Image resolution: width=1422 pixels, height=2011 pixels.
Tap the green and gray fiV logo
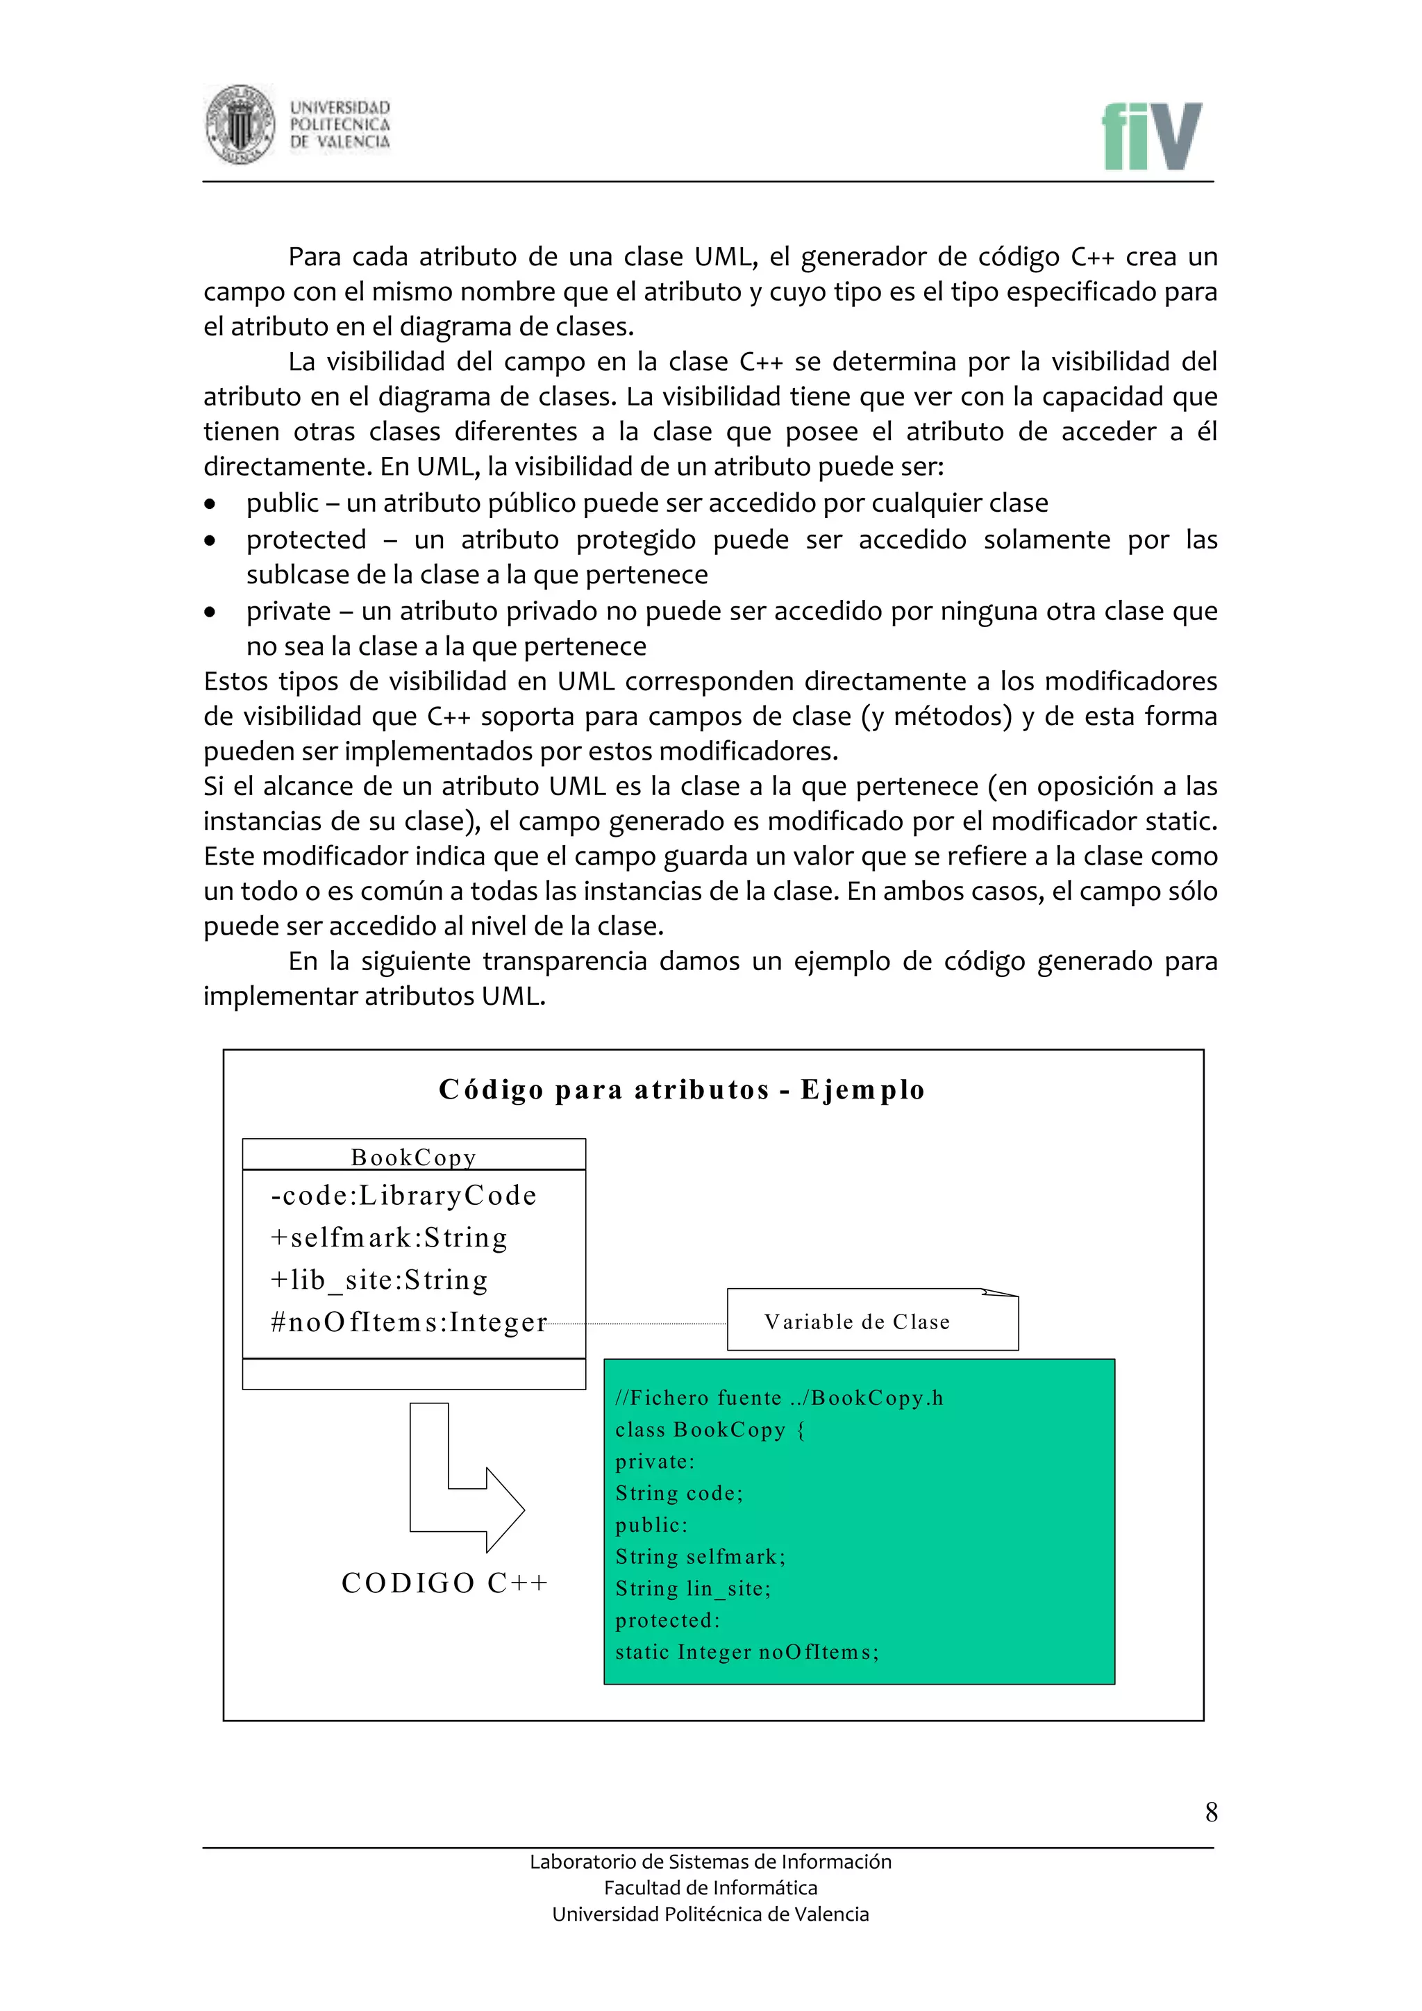(x=1151, y=137)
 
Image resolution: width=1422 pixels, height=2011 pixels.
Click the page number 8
(x=1211, y=1811)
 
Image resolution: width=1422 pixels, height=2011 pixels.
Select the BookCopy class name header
(x=413, y=1157)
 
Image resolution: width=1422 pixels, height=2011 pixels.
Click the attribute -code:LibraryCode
(x=403, y=1196)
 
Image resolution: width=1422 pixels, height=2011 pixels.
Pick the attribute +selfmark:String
(x=389, y=1237)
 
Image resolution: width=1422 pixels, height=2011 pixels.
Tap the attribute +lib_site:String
(x=379, y=1280)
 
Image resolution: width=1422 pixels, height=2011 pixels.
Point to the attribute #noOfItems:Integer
(x=409, y=1321)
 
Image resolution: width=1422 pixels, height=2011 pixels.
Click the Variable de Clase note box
(x=872, y=1321)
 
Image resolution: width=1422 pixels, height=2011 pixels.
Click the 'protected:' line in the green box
(x=667, y=1620)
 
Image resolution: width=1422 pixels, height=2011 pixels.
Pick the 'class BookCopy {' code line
(x=709, y=1429)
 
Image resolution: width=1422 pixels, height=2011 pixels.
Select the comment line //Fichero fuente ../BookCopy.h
(x=779, y=1398)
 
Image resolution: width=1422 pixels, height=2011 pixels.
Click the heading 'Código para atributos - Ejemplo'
(x=681, y=1090)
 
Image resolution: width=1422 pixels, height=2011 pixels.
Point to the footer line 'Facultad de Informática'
(x=710, y=1887)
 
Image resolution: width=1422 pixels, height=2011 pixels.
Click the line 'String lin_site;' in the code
(x=693, y=1588)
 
